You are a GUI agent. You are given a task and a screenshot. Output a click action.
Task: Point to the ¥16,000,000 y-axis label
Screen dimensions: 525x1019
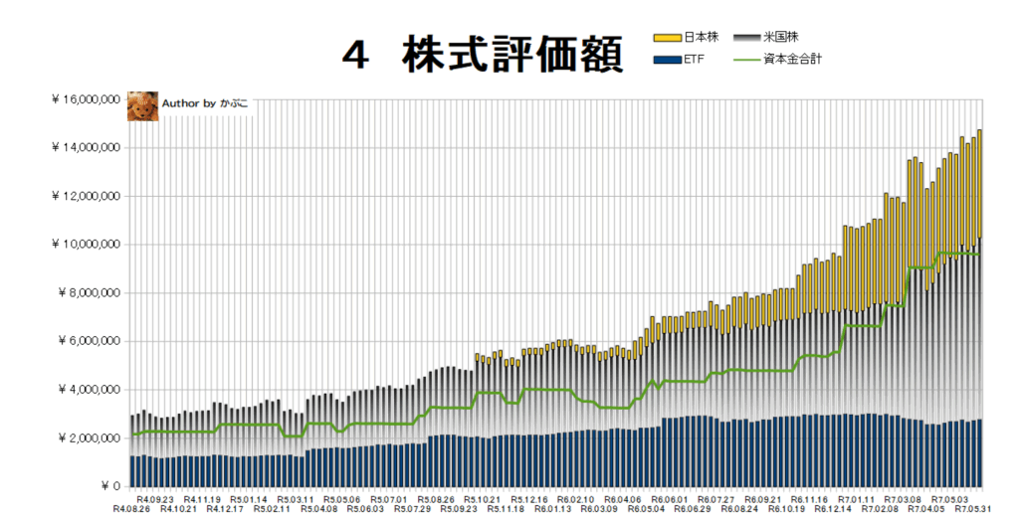(86, 99)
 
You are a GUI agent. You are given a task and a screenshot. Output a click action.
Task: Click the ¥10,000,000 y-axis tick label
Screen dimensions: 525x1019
(86, 245)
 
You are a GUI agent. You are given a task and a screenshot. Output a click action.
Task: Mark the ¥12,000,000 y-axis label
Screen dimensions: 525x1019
(86, 196)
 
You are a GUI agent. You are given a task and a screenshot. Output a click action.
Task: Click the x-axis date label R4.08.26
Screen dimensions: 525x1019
(132, 509)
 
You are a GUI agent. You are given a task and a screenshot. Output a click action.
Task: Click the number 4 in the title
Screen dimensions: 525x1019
(351, 56)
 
